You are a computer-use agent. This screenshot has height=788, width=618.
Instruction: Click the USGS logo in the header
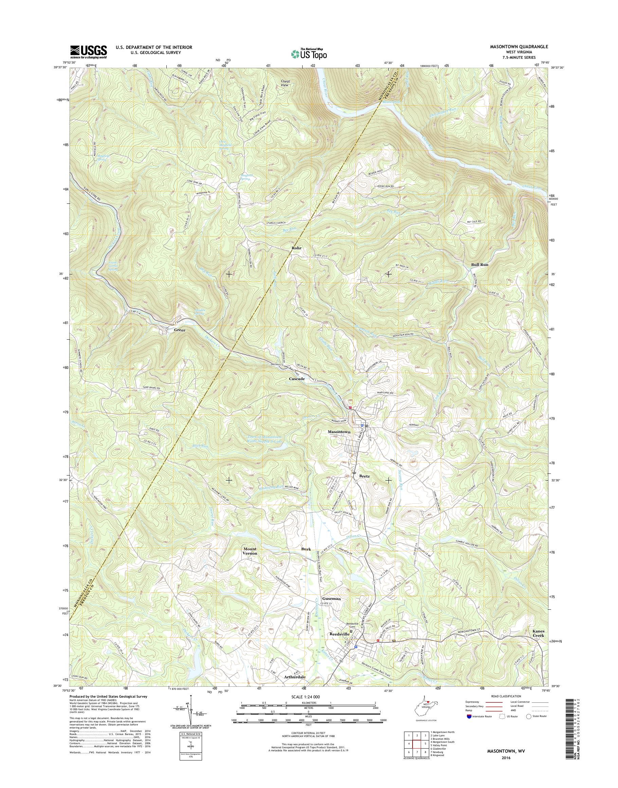tap(89, 52)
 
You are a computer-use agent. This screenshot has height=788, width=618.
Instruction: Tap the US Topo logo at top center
tap(309, 54)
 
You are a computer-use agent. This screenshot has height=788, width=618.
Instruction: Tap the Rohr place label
tap(297, 248)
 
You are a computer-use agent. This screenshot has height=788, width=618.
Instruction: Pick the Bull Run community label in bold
tap(479, 265)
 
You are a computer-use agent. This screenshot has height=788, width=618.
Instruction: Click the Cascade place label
tap(297, 379)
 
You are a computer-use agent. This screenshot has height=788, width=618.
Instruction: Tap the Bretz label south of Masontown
tap(364, 476)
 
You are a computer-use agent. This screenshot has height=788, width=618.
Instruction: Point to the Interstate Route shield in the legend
tap(469, 716)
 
